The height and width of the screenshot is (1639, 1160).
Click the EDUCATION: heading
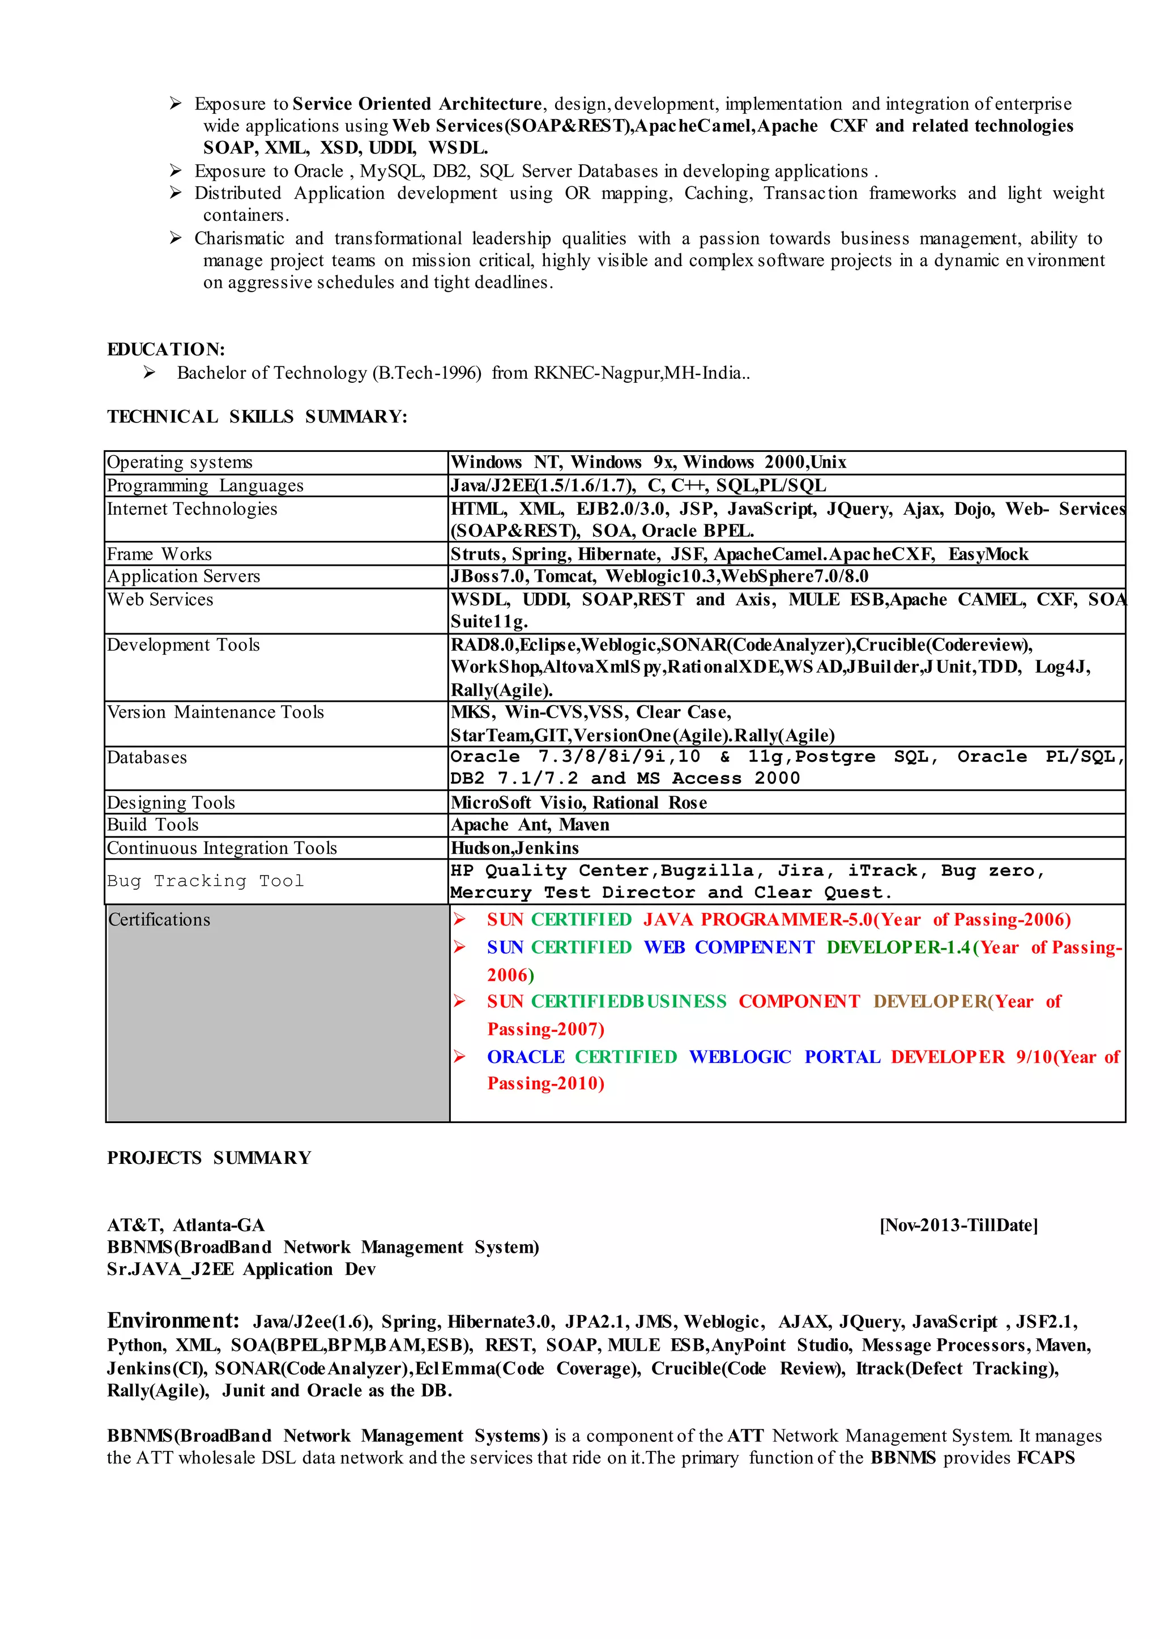click(166, 349)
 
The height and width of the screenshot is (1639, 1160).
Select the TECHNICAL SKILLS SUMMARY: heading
click(257, 416)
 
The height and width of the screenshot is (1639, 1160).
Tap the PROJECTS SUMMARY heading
click(209, 1158)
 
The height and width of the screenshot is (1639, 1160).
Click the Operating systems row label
click(180, 462)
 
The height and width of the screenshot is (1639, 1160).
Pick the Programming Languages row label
click(205, 485)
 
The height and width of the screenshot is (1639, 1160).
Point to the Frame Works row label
click(159, 554)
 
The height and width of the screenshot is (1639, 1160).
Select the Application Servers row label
click(184, 577)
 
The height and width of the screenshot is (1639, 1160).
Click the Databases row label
click(147, 757)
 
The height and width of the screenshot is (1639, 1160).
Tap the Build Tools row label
click(153, 825)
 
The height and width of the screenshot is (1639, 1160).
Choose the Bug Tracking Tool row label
click(206, 881)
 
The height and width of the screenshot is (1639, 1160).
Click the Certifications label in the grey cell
click(159, 920)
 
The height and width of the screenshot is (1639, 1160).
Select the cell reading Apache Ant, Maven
click(530, 825)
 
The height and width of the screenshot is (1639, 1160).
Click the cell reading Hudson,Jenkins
click(514, 848)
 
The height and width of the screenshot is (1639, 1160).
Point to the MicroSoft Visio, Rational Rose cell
click(578, 803)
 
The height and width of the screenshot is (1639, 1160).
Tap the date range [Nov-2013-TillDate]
click(958, 1226)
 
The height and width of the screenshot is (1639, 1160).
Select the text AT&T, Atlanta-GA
click(186, 1226)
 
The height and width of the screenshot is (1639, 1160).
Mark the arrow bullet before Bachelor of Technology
click(150, 372)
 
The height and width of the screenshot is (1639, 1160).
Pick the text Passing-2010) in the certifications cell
click(545, 1083)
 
